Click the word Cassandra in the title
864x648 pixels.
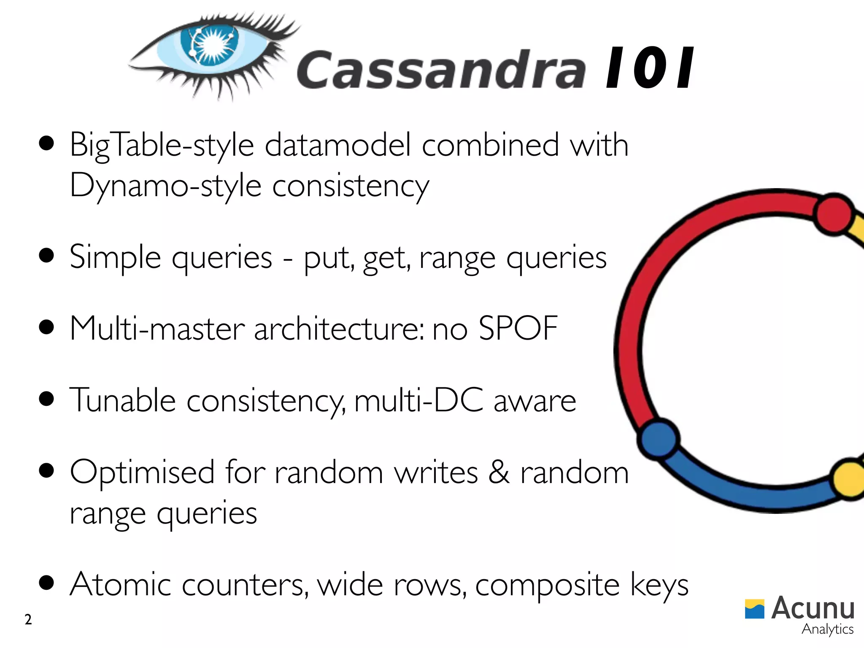tap(441, 70)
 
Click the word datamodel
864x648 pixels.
tap(337, 145)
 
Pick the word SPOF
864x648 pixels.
tap(518, 328)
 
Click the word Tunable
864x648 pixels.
tap(122, 400)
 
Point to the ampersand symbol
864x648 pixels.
tap(499, 472)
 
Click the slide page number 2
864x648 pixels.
tap(28, 620)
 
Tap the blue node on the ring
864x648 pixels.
tap(658, 438)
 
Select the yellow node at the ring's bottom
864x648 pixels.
tap(849, 479)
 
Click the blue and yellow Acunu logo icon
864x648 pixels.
tap(754, 609)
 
